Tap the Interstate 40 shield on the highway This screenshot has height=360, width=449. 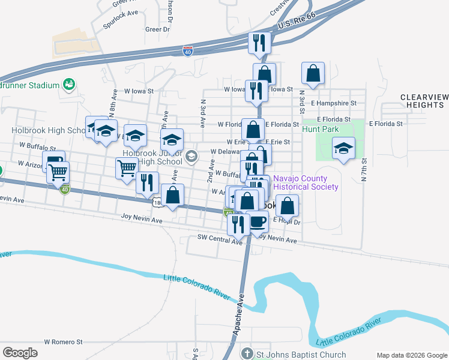(x=188, y=51)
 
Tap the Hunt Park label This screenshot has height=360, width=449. (x=320, y=129)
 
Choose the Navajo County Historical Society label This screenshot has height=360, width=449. (x=306, y=182)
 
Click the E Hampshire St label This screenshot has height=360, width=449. (x=333, y=103)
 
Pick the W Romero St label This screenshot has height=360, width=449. (x=63, y=342)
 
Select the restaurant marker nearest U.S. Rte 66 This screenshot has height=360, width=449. (x=259, y=43)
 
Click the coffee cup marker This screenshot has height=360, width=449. (x=258, y=221)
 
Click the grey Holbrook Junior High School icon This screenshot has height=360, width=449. (x=191, y=157)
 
